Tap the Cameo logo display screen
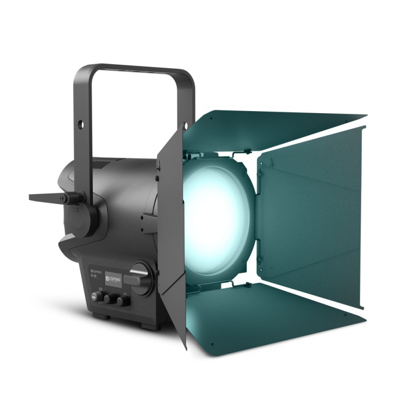tap(114, 279)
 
